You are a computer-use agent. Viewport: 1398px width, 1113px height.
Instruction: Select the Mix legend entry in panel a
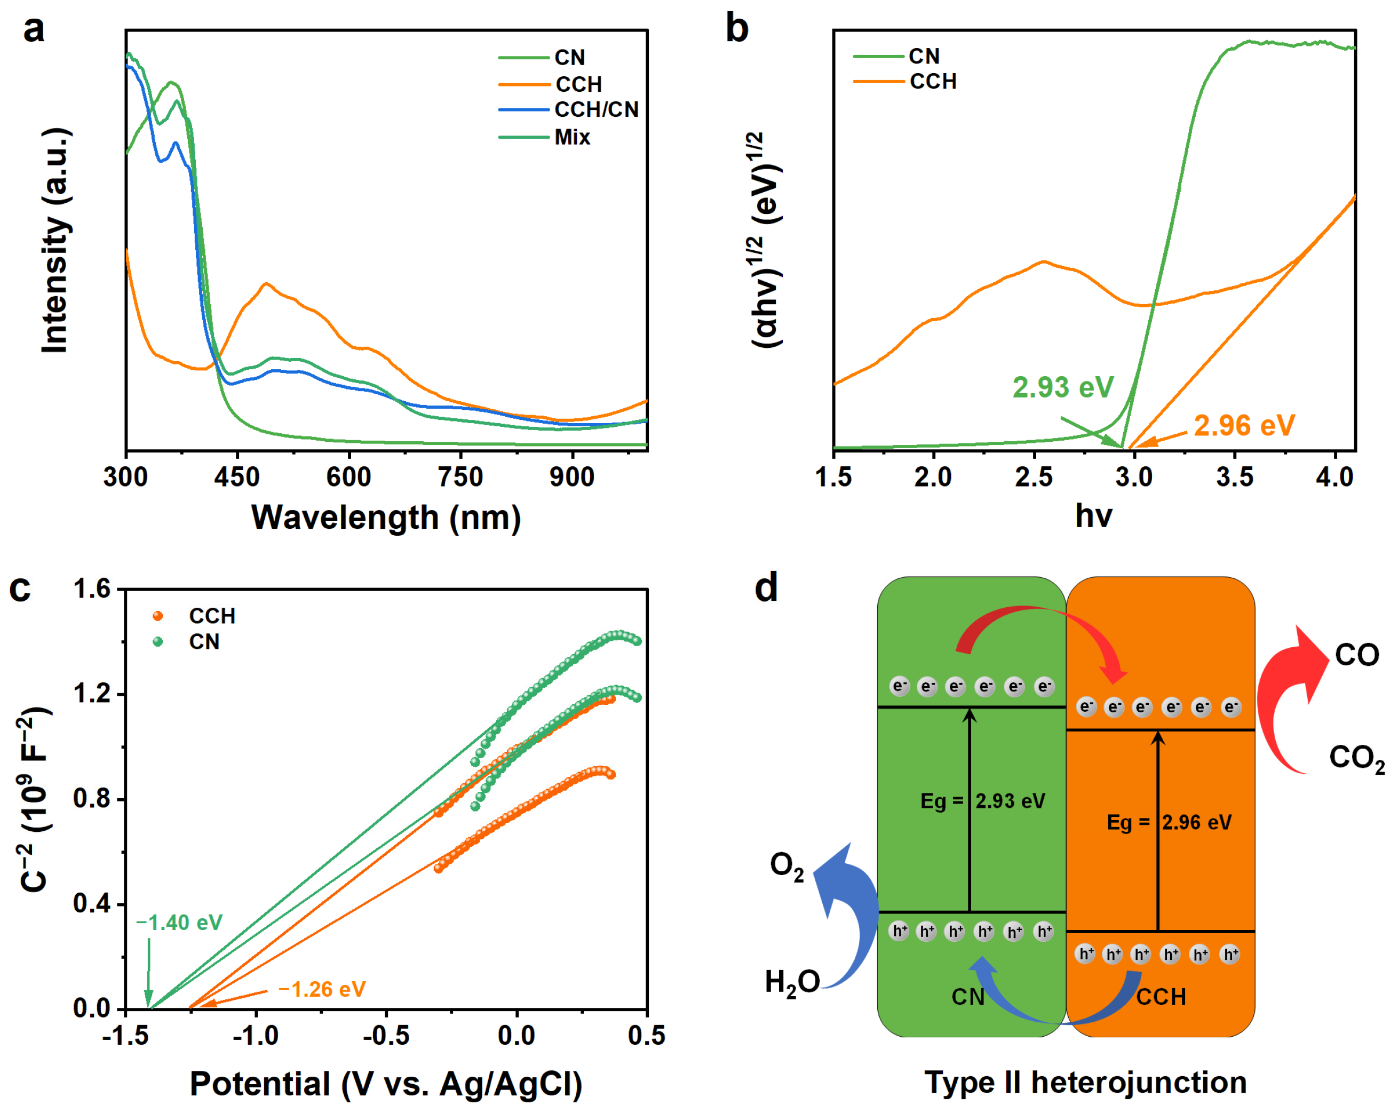[x=572, y=138]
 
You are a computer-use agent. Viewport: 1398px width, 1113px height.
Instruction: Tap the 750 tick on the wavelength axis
[x=460, y=478]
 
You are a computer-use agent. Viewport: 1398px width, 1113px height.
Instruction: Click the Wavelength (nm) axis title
[x=386, y=517]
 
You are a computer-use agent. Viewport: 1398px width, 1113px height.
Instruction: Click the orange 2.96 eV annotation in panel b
[x=1244, y=426]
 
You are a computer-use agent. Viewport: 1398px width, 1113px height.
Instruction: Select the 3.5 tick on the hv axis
[x=1234, y=478]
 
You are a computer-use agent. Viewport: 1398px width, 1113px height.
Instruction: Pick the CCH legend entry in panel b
[x=932, y=82]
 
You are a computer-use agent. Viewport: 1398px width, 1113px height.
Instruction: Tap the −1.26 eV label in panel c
[x=322, y=989]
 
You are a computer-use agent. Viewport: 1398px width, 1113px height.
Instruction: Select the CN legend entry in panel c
[x=204, y=642]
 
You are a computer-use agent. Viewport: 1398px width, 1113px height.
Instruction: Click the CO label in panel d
[x=1356, y=655]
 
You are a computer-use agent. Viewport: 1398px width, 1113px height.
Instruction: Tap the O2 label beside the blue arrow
[x=787, y=866]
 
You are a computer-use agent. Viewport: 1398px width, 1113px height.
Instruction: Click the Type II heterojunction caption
[x=1085, y=1083]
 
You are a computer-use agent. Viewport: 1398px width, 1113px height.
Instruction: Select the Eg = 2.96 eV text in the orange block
[x=1169, y=823]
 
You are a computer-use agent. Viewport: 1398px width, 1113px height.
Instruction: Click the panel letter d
[x=766, y=588]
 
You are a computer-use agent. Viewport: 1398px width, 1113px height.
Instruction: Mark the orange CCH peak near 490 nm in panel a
[x=266, y=284]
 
